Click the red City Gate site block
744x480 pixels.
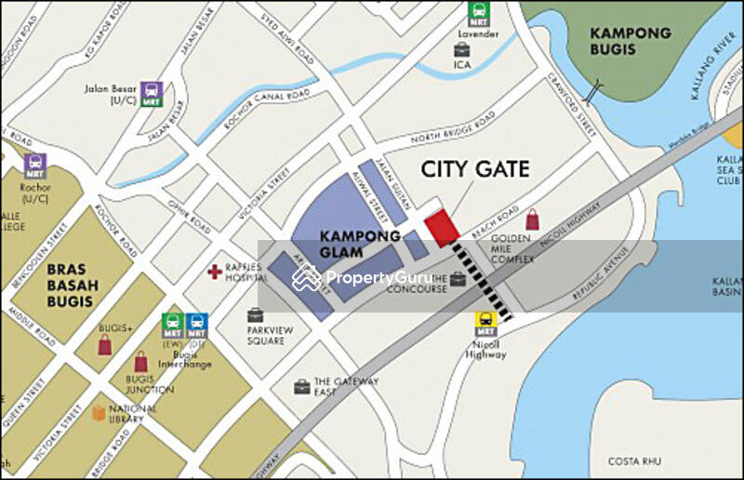(442, 228)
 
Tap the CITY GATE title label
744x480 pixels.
(475, 169)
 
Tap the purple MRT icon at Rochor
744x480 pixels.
(35, 166)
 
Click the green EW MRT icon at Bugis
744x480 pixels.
(172, 325)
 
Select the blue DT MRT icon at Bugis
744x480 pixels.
(195, 325)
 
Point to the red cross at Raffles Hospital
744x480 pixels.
(216, 272)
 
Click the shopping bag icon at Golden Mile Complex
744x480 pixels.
(532, 220)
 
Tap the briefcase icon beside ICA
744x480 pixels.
(462, 48)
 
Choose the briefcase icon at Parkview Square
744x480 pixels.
(256, 315)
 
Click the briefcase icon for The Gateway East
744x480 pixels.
(301, 386)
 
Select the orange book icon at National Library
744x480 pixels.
(99, 412)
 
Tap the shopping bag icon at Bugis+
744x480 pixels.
(106, 345)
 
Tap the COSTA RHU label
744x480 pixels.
(634, 460)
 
